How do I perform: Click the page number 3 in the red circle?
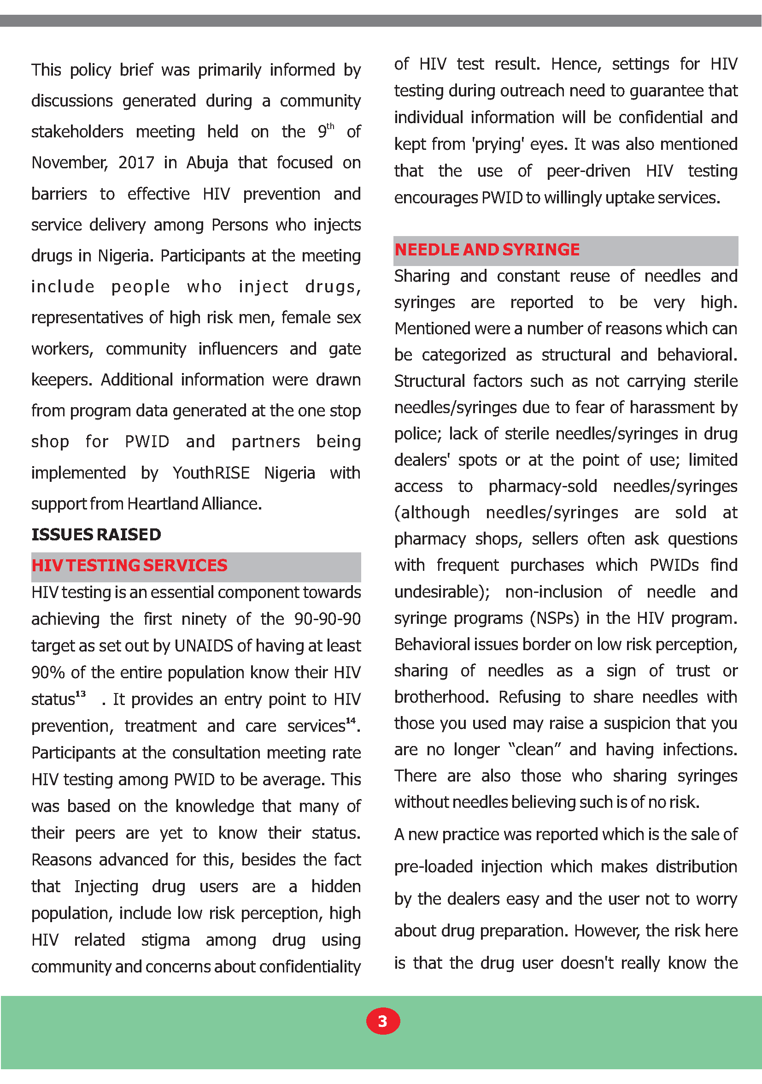383,1021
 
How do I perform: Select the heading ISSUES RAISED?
96,534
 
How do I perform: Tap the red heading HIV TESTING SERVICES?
129,566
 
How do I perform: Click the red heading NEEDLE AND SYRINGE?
487,250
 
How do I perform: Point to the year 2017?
136,163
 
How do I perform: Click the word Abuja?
207,163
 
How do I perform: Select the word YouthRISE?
211,473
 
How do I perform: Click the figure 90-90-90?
327,619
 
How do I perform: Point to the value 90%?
47,673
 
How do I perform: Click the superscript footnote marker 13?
81,694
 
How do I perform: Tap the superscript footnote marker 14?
350,721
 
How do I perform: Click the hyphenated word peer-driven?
588,171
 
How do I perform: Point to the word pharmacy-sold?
543,487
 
